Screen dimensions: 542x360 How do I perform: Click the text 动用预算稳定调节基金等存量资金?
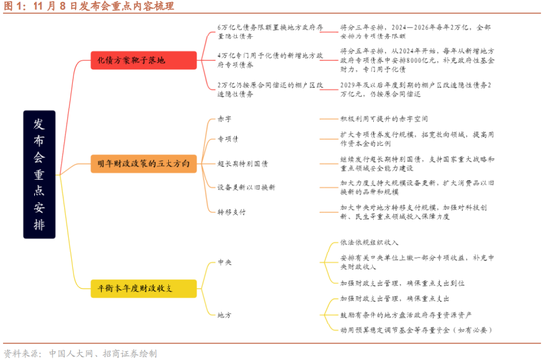click(414, 329)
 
